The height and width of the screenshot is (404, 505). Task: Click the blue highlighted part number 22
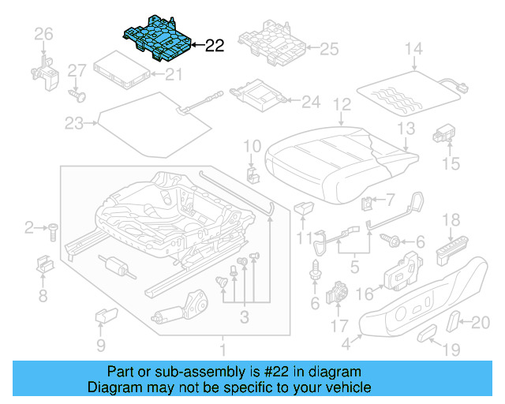pyautogui.click(x=158, y=38)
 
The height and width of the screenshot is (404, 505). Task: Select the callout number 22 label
pyautogui.click(x=214, y=47)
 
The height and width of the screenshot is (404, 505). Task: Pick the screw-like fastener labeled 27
pyautogui.click(x=77, y=95)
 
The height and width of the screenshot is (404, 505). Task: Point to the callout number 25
pyautogui.click(x=327, y=50)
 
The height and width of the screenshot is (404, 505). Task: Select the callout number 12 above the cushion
pyautogui.click(x=341, y=103)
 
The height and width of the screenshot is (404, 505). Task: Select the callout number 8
pyautogui.click(x=43, y=296)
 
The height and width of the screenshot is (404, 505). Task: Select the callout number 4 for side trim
pyautogui.click(x=346, y=343)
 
